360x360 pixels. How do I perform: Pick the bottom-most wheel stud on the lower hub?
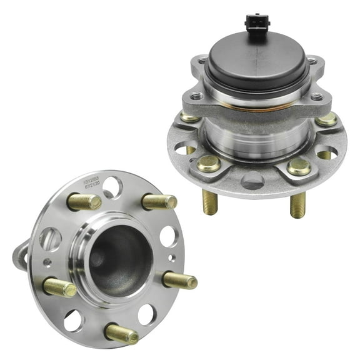[121, 334]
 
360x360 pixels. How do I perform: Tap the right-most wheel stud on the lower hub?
[179, 280]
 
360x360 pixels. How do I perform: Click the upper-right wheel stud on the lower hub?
[159, 201]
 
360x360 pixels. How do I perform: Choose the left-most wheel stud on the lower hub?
[60, 287]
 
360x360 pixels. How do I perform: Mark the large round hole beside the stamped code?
[112, 186]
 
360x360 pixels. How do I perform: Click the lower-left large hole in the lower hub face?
[73, 320]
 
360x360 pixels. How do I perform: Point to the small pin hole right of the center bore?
[171, 257]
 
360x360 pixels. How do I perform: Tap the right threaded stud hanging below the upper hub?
[297, 205]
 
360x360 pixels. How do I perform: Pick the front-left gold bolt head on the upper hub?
[209, 164]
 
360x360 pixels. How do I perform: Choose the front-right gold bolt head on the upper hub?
[299, 166]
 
